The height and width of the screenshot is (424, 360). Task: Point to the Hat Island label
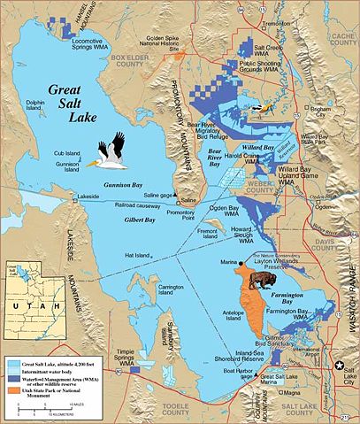136,255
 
